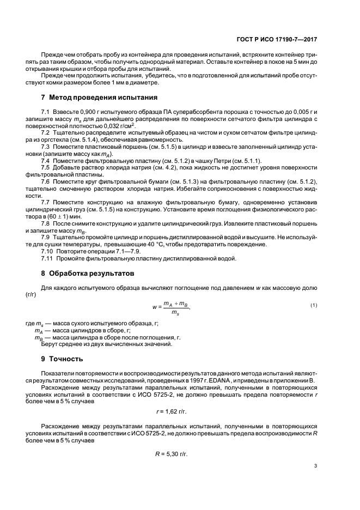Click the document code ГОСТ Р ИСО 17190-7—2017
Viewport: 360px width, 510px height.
(x=278, y=39)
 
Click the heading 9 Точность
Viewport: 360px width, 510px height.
(x=62, y=359)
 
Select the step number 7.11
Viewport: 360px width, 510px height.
(x=47, y=258)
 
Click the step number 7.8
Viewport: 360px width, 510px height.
(x=46, y=223)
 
